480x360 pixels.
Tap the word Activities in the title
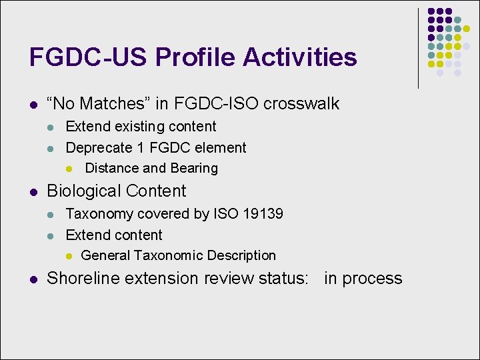(x=300, y=57)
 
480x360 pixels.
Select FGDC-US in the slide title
(x=89, y=57)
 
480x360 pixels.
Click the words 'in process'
(x=363, y=278)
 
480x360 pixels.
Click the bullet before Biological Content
(x=33, y=192)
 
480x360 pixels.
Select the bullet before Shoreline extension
(x=33, y=279)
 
